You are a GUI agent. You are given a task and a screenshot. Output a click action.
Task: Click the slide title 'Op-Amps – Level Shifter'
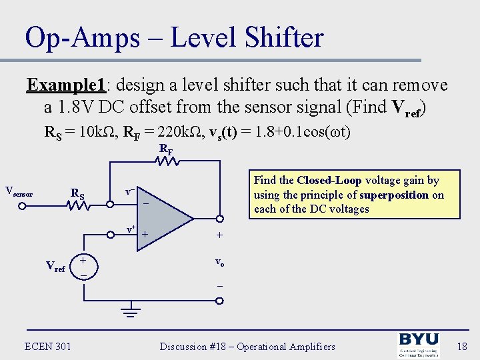(x=174, y=37)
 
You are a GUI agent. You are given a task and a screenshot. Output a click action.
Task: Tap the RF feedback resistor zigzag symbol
(x=166, y=161)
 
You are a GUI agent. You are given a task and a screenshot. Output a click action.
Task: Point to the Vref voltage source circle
(x=83, y=266)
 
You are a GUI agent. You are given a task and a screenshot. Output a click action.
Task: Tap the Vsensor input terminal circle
(x=21, y=206)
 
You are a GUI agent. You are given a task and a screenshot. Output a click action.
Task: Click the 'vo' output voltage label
(x=219, y=262)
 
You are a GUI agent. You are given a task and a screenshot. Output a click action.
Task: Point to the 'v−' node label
(x=131, y=192)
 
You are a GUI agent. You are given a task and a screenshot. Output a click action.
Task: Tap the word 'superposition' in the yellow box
(x=394, y=195)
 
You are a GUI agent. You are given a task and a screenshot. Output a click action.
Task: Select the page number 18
(x=462, y=347)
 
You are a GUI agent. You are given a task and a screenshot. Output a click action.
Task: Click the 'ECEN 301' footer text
(x=47, y=346)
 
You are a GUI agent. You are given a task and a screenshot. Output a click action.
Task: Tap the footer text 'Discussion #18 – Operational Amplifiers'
(x=247, y=347)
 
